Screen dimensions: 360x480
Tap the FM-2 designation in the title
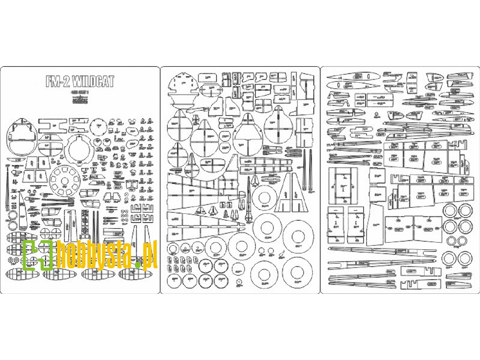tap(58, 81)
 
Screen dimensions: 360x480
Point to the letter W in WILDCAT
tap(76, 81)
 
